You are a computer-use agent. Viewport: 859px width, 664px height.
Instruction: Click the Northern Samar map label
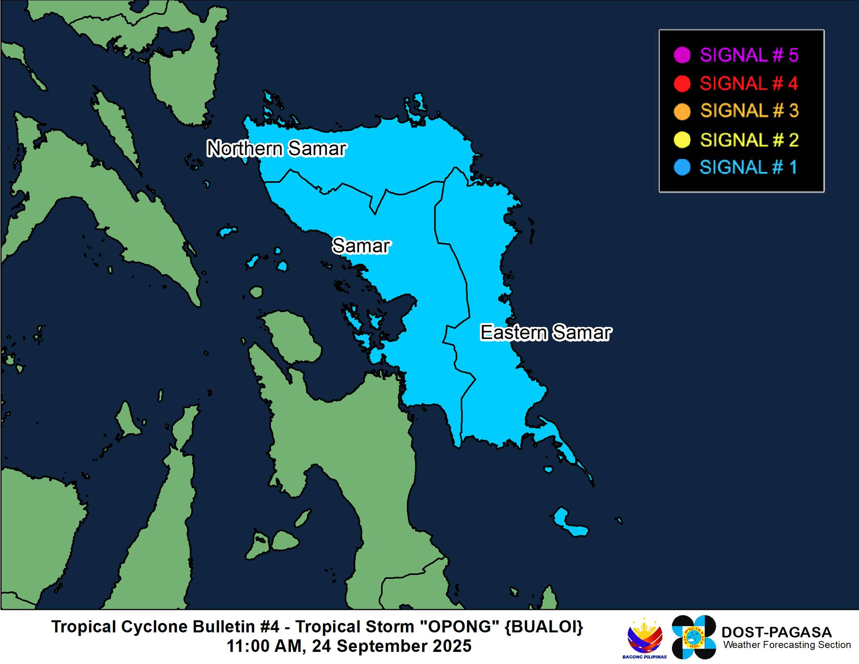click(277, 149)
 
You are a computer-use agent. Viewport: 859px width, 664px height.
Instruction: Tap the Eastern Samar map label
click(546, 333)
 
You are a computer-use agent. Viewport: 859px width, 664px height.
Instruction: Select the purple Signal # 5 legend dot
click(682, 55)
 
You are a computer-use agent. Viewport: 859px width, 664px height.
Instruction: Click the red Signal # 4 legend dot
click(682, 83)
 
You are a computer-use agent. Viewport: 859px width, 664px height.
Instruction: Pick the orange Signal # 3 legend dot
click(682, 111)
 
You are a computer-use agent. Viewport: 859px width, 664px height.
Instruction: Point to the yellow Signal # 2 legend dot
click(682, 140)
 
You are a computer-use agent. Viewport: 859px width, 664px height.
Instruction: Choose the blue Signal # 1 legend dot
click(682, 168)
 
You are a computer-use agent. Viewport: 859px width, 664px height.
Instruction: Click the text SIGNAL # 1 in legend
click(748, 168)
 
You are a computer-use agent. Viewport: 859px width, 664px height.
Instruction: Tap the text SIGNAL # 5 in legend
click(749, 55)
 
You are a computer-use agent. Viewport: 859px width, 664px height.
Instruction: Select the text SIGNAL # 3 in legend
click(749, 111)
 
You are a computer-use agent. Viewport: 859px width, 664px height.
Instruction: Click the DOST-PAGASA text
click(776, 632)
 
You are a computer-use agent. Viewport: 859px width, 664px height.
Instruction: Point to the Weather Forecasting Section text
click(787, 645)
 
